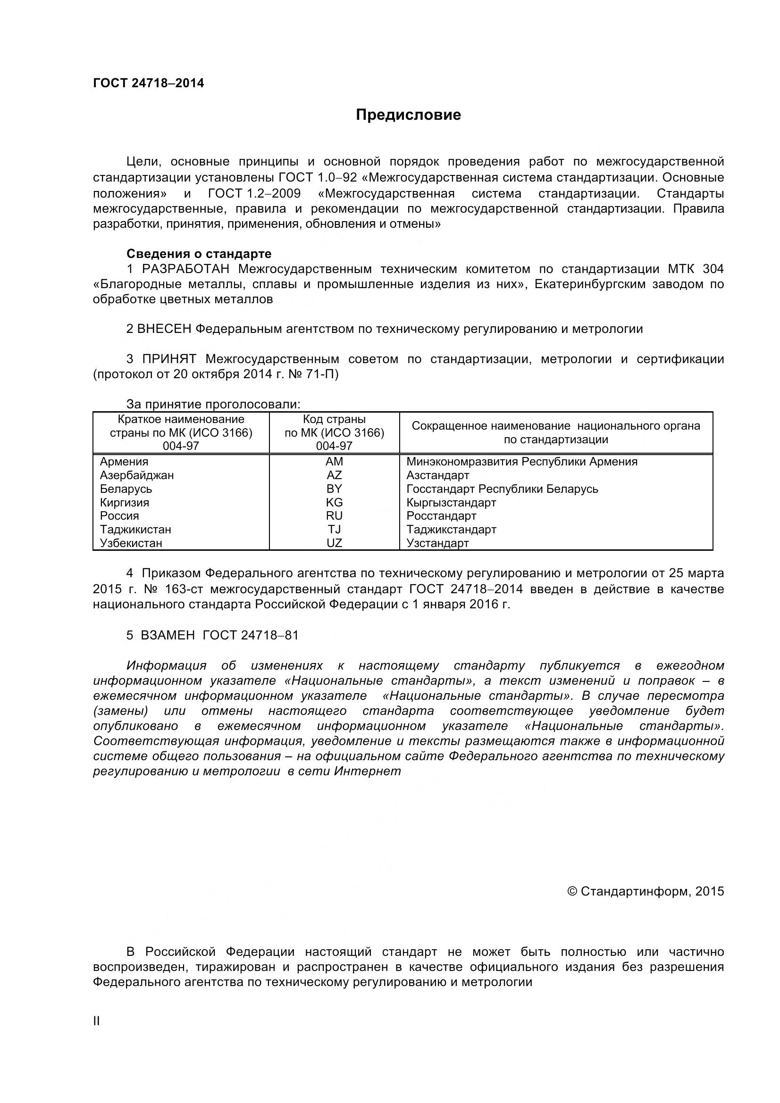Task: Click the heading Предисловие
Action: tap(408, 115)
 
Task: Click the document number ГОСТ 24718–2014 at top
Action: tap(148, 83)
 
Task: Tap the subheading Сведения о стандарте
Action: tap(199, 254)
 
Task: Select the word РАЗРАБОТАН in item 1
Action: tap(185, 268)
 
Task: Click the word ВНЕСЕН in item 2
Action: tap(164, 329)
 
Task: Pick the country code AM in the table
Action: tap(334, 462)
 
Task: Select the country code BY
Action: tap(334, 489)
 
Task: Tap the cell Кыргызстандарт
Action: tap(451, 503)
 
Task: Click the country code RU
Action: tap(334, 516)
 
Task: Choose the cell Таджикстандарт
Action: tap(451, 530)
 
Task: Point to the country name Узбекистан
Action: tap(131, 543)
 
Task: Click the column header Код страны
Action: tap(334, 419)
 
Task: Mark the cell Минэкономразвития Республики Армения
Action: tap(521, 462)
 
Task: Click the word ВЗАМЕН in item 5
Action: tap(168, 635)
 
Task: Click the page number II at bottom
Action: tap(97, 1021)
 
